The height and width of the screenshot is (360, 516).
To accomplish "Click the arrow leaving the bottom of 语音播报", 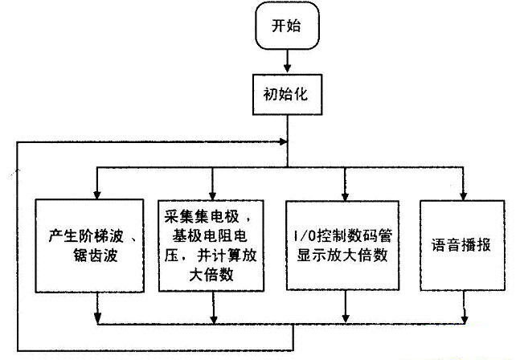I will [x=465, y=310].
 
